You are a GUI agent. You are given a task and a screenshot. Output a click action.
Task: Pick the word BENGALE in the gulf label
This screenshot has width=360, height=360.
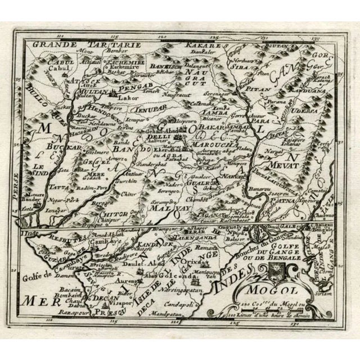click(x=274, y=258)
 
